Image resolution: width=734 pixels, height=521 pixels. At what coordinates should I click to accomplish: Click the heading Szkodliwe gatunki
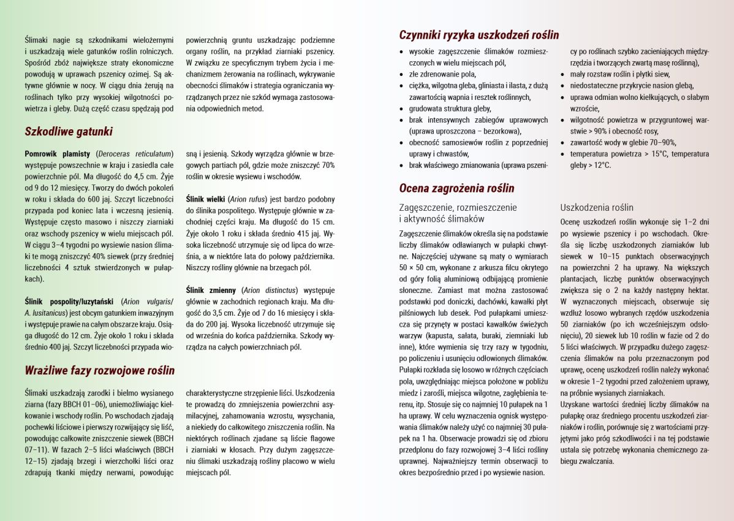[69, 131]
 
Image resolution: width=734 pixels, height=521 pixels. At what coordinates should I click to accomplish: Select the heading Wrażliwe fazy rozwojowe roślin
[99, 370]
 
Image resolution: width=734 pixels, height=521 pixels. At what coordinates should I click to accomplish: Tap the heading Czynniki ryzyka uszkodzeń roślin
[479, 35]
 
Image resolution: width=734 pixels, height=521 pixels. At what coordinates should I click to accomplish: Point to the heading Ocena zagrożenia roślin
[456, 188]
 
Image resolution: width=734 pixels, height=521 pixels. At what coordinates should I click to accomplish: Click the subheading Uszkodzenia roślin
[597, 208]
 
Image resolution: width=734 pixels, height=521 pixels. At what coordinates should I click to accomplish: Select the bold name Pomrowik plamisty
[58, 154]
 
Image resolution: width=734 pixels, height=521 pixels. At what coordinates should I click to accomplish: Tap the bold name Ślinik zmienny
[212, 290]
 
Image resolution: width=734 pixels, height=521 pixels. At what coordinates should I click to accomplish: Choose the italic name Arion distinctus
[270, 290]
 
